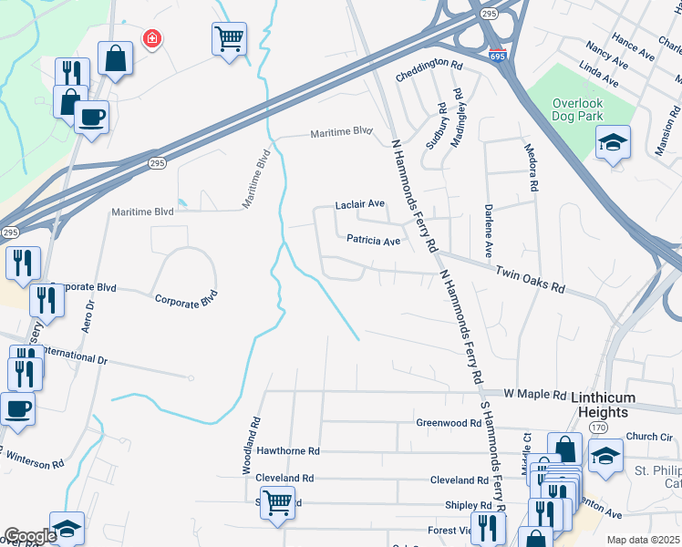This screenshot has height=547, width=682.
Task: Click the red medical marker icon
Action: click(150, 37)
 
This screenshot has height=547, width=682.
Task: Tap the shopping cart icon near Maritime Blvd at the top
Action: click(229, 39)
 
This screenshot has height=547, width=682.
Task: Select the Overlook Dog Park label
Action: click(590, 109)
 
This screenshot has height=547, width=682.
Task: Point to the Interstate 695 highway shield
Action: click(497, 57)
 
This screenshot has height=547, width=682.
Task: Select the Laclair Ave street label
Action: click(360, 204)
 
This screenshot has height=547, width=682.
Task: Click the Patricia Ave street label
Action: click(373, 241)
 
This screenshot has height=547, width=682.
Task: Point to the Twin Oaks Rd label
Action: click(530, 279)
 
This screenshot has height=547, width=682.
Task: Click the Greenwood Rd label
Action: click(448, 423)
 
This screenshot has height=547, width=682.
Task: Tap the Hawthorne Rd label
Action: click(288, 450)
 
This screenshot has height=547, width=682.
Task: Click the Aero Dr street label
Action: click(89, 316)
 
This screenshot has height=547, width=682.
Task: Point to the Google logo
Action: click(29, 536)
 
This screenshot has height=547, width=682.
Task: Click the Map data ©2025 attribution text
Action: click(643, 540)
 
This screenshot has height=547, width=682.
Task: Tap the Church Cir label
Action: click(649, 436)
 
